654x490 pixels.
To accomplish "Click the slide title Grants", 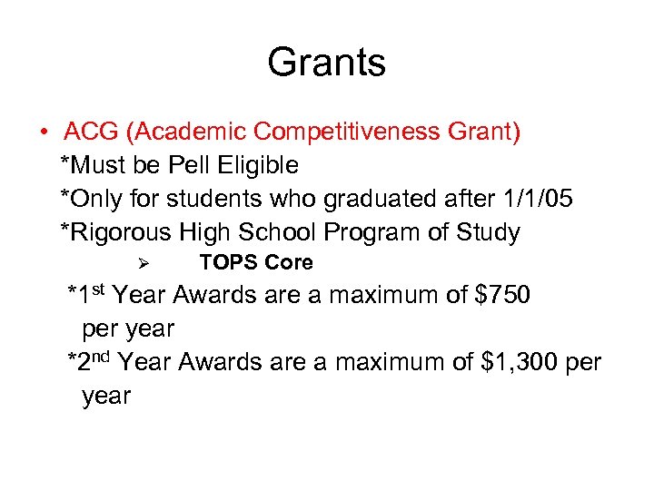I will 326,63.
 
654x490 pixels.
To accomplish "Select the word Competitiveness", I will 348,132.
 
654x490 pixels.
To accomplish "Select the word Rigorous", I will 119,232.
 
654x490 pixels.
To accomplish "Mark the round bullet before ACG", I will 44,133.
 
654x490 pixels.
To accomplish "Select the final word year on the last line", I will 106,397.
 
